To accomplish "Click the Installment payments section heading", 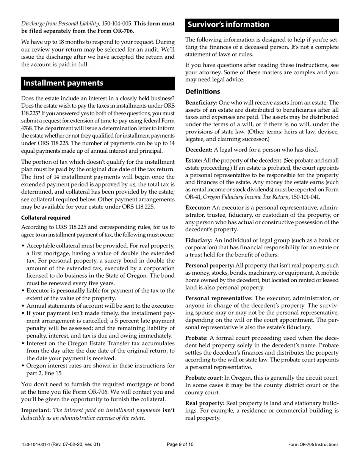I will (x=63, y=83).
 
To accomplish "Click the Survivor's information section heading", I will (x=229, y=25).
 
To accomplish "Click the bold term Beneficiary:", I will (x=201, y=103).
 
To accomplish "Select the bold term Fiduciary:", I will (x=199, y=240).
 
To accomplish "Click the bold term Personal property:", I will (x=210, y=266).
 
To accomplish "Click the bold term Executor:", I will (x=198, y=208).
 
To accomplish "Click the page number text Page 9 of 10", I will (x=180, y=444).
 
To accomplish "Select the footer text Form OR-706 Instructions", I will (x=313, y=444).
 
